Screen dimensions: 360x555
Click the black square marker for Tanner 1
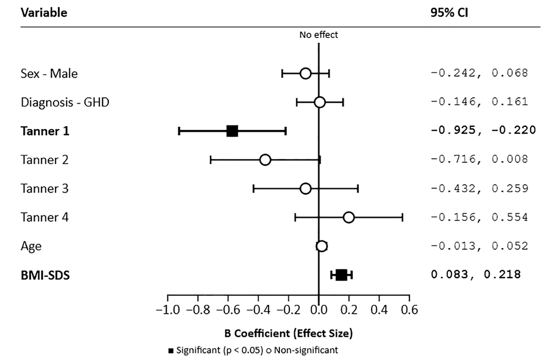(x=232, y=131)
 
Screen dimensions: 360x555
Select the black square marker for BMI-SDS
(x=341, y=275)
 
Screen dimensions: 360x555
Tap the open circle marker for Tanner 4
(x=348, y=217)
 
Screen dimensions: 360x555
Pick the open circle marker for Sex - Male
(x=305, y=73)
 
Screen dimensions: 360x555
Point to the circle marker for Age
(x=321, y=246)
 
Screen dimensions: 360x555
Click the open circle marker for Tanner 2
(x=265, y=160)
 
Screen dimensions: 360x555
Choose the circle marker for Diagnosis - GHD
(x=320, y=102)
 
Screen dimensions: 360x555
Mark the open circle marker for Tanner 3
(x=305, y=189)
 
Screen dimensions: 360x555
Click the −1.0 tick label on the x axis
(x=168, y=311)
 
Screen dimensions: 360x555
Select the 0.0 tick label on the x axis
(x=319, y=311)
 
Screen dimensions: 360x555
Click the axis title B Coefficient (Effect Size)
(x=288, y=334)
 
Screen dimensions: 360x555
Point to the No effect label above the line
(x=319, y=35)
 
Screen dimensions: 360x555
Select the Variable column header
(x=44, y=13)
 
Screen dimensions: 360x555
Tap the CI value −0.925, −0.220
(x=483, y=131)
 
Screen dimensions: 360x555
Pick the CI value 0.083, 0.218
(x=476, y=274)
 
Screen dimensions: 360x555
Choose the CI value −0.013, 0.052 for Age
(x=479, y=246)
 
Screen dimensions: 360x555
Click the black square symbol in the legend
(x=171, y=351)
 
